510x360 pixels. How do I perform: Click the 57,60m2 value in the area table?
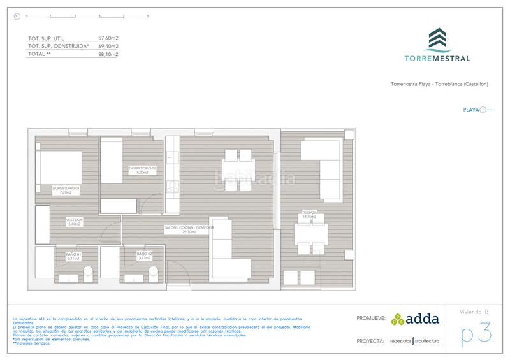[x=108, y=38]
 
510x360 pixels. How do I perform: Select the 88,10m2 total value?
[x=108, y=54]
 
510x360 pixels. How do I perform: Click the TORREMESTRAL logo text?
[x=438, y=58]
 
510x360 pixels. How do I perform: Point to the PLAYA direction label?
[x=471, y=110]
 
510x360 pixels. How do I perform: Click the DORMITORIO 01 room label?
[x=66, y=189]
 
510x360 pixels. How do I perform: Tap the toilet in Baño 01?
[x=88, y=273]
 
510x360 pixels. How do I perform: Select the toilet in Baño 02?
[x=154, y=273]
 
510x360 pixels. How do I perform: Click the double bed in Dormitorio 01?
[x=58, y=167]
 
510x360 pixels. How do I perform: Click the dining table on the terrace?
[x=310, y=233]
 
